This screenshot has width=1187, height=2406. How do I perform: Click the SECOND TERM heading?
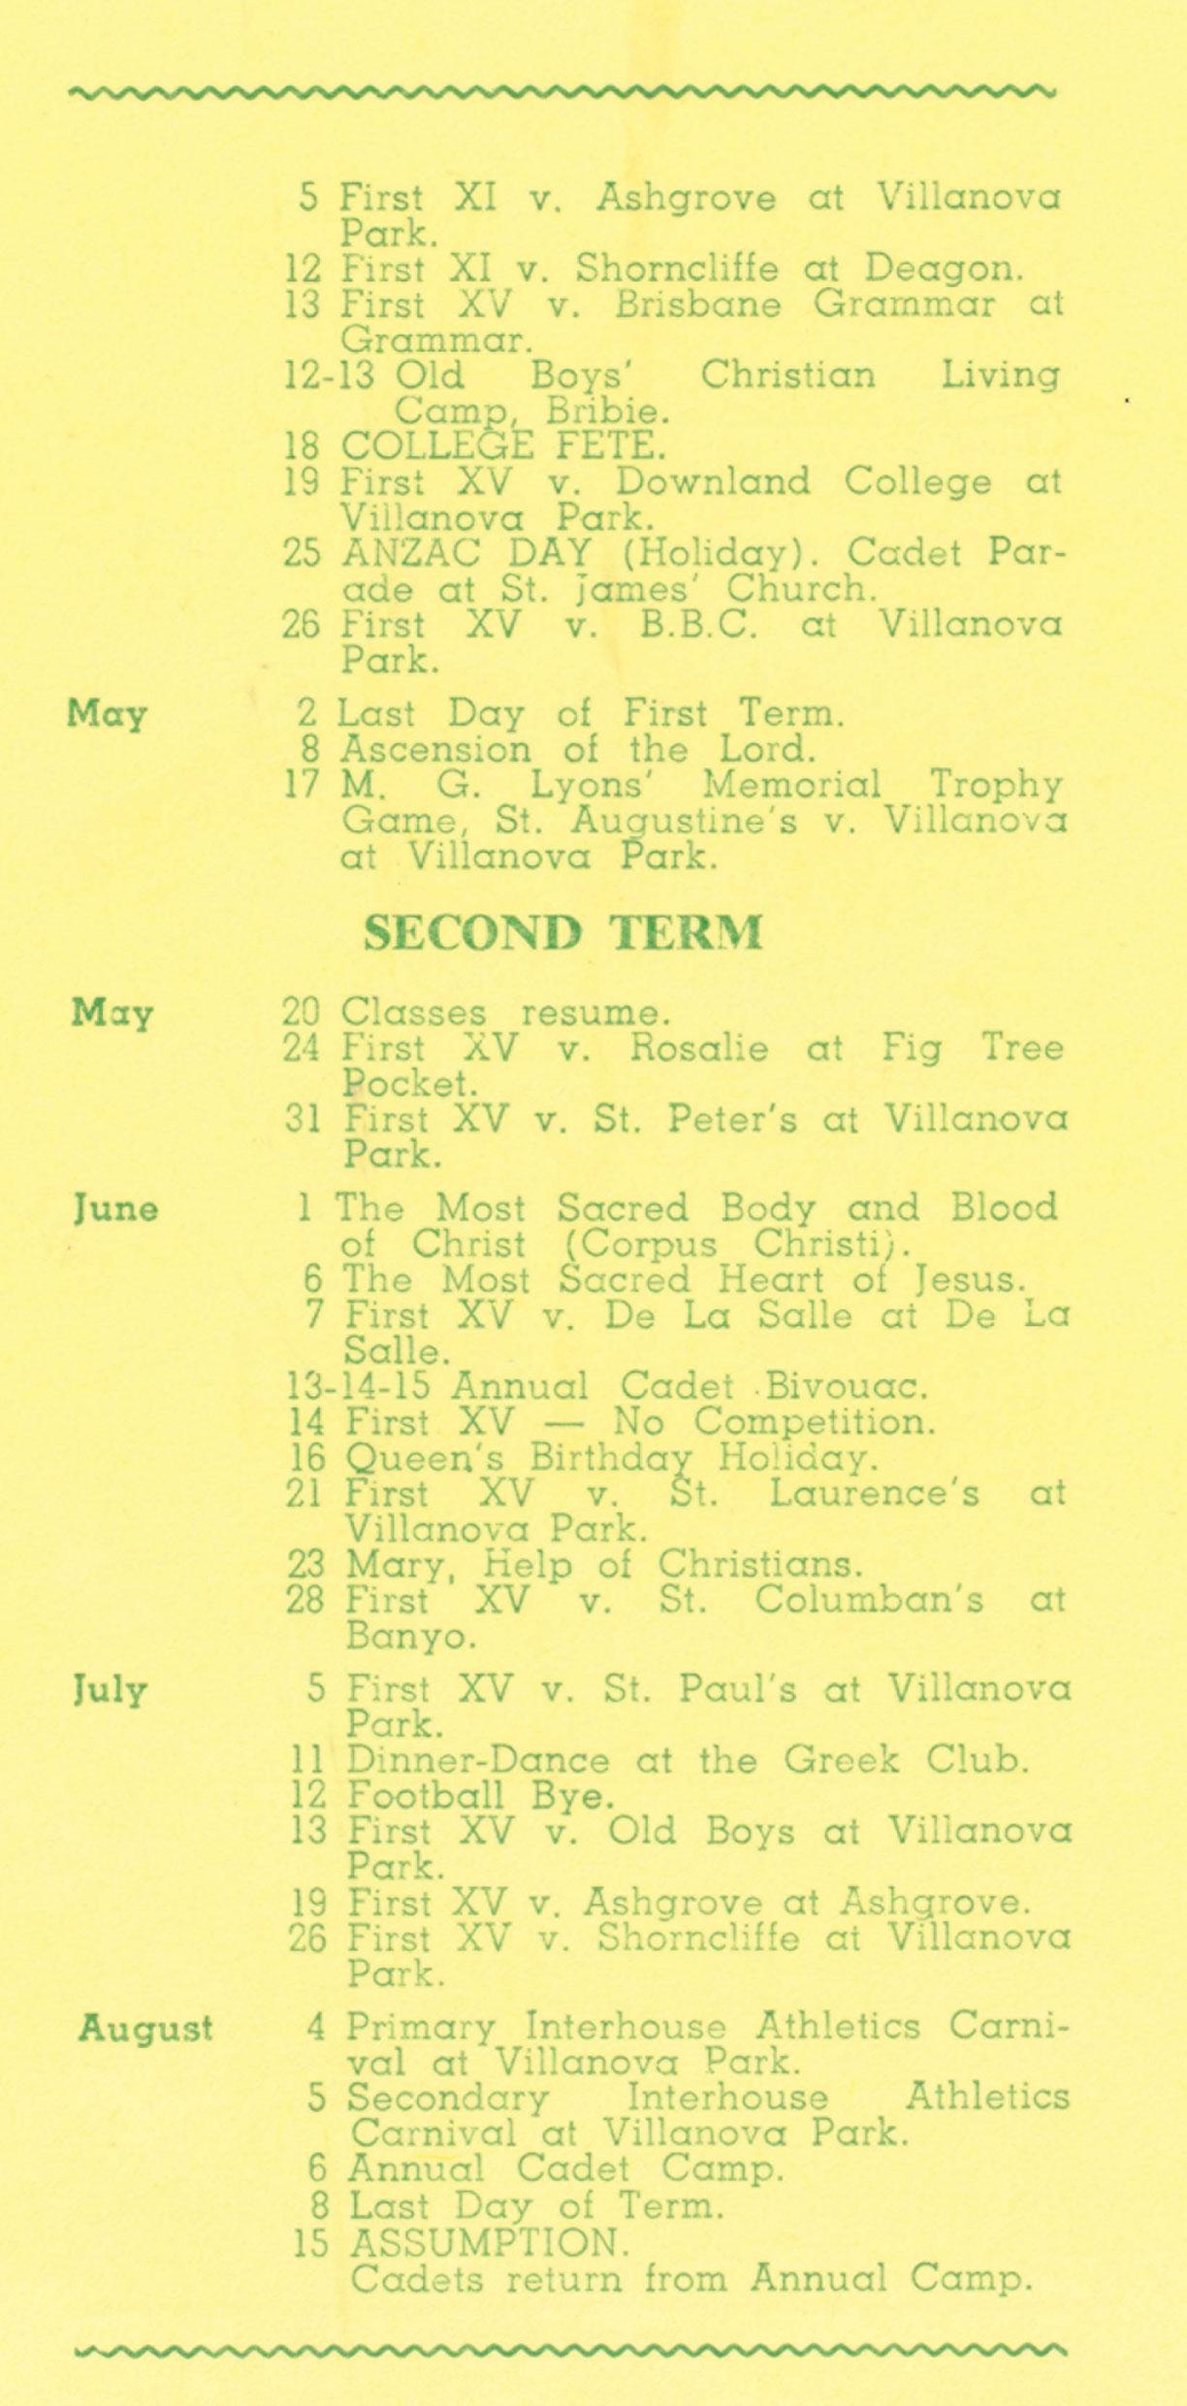point(562,932)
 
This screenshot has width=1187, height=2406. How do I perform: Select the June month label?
point(115,1209)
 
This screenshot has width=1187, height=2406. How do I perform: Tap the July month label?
point(111,1690)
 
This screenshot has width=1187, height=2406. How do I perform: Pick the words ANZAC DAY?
point(466,553)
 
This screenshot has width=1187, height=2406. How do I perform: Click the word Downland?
point(713,481)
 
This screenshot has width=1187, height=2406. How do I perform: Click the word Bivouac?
point(847,1386)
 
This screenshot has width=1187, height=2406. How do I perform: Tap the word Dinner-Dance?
point(478,1760)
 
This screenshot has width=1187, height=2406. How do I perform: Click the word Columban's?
point(869,1600)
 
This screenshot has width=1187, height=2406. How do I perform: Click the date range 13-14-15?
point(362,1386)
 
